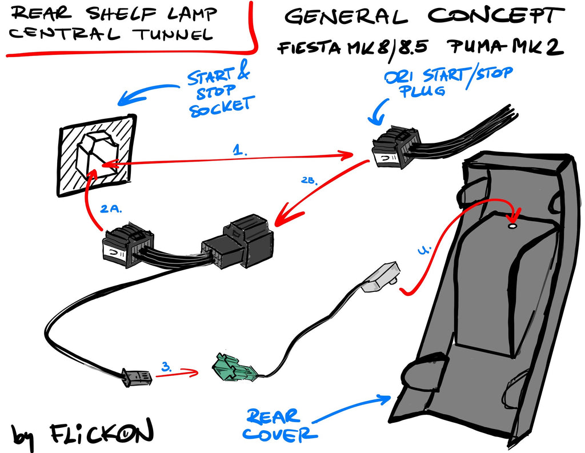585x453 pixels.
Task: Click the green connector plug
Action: point(234,367)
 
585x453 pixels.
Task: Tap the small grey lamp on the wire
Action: point(380,276)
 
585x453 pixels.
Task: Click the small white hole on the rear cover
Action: point(512,226)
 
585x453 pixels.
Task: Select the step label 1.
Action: point(239,150)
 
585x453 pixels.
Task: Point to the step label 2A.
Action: point(111,209)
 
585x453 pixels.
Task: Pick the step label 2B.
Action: point(309,181)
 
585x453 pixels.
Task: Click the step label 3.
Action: point(166,367)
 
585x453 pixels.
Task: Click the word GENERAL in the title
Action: point(346,16)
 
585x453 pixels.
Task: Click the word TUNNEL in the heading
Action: point(173,34)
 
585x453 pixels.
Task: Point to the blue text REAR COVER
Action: point(278,424)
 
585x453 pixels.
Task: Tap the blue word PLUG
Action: point(422,91)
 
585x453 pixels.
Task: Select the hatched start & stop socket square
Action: point(96,155)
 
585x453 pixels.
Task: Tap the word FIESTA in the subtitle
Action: point(309,48)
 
